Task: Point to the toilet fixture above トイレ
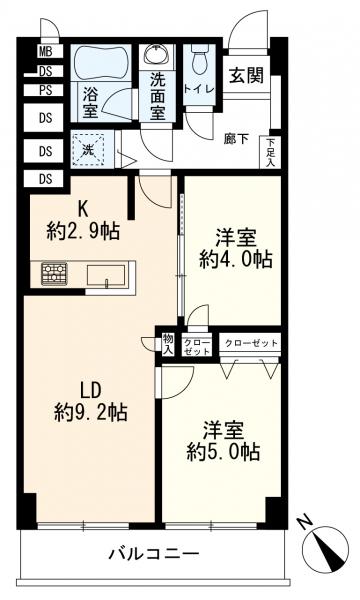(197, 62)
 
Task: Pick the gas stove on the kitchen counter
(53, 273)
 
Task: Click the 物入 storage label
(167, 344)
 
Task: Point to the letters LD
(85, 388)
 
